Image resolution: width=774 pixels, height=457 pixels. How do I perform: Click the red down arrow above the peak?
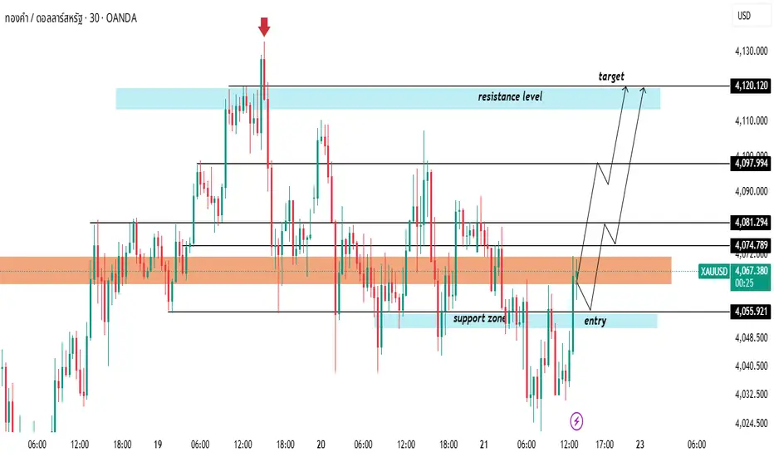click(264, 27)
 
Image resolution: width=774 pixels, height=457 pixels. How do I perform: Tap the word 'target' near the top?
click(611, 76)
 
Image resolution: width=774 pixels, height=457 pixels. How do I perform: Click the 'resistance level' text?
click(510, 97)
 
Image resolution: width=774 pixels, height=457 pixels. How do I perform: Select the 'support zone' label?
click(479, 318)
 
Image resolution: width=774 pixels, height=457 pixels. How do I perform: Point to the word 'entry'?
click(595, 321)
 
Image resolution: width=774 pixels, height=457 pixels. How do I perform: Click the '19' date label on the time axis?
click(157, 445)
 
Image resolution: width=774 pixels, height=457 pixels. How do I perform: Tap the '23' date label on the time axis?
click(639, 445)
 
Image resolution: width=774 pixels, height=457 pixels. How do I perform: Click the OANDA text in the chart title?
click(120, 17)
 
